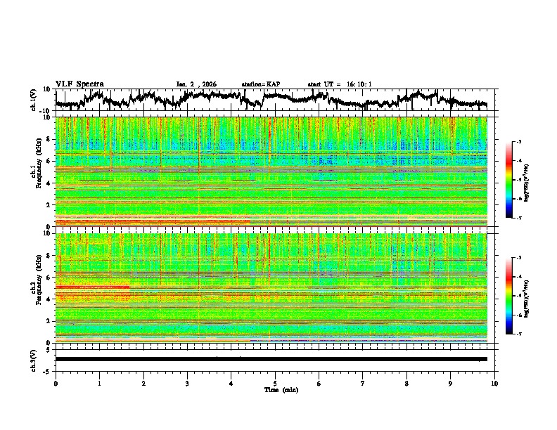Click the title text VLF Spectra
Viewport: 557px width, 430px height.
[x=79, y=84]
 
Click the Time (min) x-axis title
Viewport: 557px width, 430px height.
[x=275, y=389]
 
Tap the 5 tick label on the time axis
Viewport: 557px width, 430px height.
[x=275, y=382]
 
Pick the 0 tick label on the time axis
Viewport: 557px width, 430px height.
[x=56, y=382]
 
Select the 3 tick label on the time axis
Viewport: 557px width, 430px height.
[x=187, y=382]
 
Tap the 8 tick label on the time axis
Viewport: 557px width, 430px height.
[x=406, y=382]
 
